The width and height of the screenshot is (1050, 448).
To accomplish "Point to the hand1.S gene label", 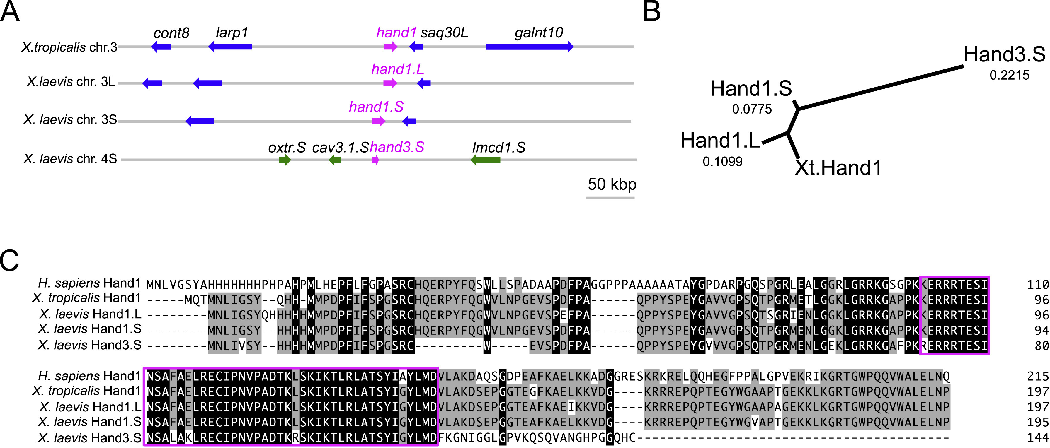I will point(376,107).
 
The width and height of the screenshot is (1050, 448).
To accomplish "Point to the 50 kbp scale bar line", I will point(610,198).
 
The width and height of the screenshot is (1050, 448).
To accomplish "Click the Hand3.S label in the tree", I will point(1004,54).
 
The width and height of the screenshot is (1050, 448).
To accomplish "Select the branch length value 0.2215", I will point(1009,75).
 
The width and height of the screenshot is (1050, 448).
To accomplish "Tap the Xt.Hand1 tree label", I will point(838,167).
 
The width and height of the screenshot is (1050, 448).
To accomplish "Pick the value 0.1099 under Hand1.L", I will point(722,162).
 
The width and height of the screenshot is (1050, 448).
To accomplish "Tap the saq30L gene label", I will point(444,33).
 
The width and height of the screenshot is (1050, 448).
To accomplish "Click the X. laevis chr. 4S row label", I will point(70,158).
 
